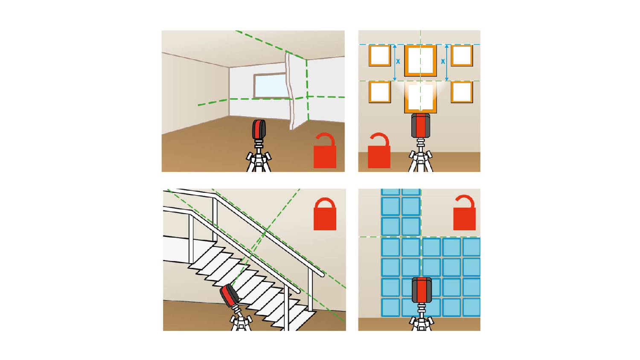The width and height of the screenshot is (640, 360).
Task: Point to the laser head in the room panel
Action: pyautogui.click(x=259, y=129)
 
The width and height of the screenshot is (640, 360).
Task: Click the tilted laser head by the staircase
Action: pyautogui.click(x=229, y=295)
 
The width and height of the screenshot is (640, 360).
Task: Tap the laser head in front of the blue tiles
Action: pyautogui.click(x=422, y=290)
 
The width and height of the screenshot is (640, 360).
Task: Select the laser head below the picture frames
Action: pyautogui.click(x=421, y=125)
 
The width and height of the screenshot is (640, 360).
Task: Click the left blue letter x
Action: pyautogui.click(x=398, y=61)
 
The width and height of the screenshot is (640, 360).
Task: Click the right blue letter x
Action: pyautogui.click(x=443, y=61)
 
